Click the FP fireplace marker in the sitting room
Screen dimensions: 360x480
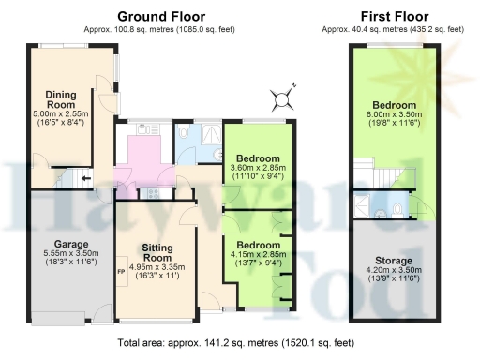pos(120,273)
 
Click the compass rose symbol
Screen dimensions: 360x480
pos(284,96)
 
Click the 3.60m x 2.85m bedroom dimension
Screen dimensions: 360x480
pos(257,169)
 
